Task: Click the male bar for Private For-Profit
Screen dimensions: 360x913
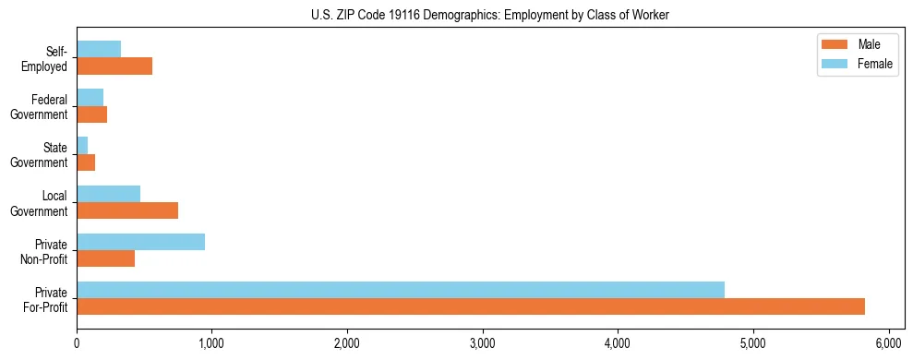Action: (x=471, y=306)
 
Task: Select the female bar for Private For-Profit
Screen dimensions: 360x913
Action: (x=401, y=290)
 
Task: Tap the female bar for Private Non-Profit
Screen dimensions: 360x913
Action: (x=140, y=242)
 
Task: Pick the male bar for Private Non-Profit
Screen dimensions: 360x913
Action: (x=105, y=258)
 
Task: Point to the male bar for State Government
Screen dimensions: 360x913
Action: (x=86, y=162)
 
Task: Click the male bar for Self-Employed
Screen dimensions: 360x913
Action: (x=114, y=66)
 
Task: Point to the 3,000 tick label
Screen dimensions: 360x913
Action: (x=483, y=342)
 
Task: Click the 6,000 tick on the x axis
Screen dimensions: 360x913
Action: (x=889, y=342)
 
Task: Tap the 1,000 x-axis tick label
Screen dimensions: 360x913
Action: (x=211, y=342)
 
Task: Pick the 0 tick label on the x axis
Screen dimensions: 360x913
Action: (x=77, y=342)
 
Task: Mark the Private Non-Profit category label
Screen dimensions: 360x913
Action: (x=46, y=251)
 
